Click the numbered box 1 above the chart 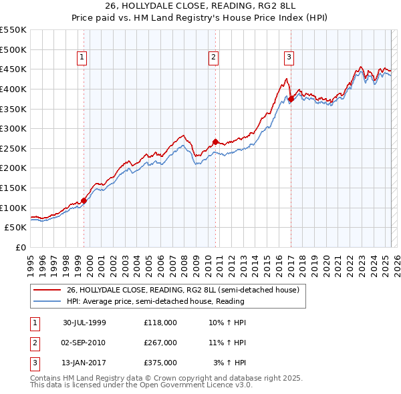(81, 58)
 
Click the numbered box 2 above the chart (213, 58)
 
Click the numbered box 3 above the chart (289, 58)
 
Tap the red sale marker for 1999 (84, 200)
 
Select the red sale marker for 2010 (215, 142)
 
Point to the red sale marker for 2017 (291, 99)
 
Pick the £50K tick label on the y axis (16, 227)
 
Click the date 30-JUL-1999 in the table (84, 323)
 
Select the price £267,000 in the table (160, 343)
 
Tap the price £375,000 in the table (160, 363)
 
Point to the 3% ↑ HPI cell (229, 363)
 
